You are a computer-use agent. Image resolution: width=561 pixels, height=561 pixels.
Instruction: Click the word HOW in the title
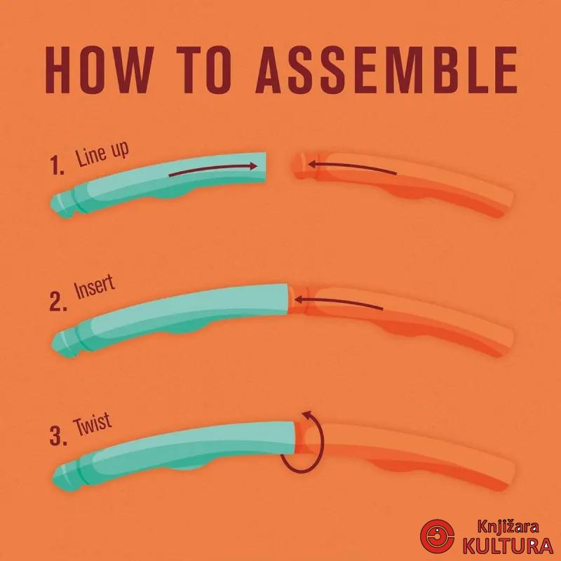pyautogui.click(x=97, y=70)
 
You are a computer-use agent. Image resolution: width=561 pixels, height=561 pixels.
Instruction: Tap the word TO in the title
pyautogui.click(x=208, y=70)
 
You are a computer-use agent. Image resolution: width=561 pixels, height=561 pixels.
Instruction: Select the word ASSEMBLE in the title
pyautogui.click(x=387, y=70)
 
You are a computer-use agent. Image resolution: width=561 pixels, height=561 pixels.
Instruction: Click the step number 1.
pyautogui.click(x=57, y=165)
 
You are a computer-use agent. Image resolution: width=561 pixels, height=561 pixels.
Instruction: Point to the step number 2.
pyautogui.click(x=58, y=302)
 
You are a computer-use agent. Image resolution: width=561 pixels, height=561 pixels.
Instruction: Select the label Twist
pyautogui.click(x=93, y=424)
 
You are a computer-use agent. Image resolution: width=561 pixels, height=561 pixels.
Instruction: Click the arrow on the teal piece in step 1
pyautogui.click(x=213, y=169)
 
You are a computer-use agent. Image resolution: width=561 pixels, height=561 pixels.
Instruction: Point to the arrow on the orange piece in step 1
pyautogui.click(x=353, y=168)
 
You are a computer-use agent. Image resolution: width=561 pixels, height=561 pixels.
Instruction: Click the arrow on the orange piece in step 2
pyautogui.click(x=338, y=303)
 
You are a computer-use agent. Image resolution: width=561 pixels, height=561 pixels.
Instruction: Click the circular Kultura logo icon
pyautogui.click(x=437, y=536)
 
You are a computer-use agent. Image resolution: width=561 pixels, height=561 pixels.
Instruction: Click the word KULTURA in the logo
pyautogui.click(x=508, y=546)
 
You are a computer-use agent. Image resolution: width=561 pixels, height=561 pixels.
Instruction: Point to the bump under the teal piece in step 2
pyautogui.click(x=184, y=330)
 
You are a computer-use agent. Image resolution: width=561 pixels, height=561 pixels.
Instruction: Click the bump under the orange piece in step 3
pyautogui.click(x=391, y=465)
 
